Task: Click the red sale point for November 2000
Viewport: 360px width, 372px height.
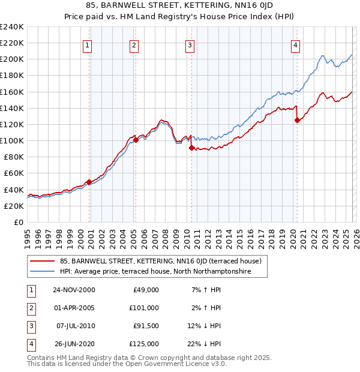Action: pyautogui.click(x=89, y=182)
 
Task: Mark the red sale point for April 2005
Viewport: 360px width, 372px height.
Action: pyautogui.click(x=136, y=140)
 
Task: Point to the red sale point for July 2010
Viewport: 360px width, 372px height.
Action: pyautogui.click(x=191, y=148)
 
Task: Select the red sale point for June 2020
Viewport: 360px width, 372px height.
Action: pyautogui.click(x=297, y=120)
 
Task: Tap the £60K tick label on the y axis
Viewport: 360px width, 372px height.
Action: pyautogui.click(x=14, y=173)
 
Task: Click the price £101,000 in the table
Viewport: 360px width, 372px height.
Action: pyautogui.click(x=144, y=308)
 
